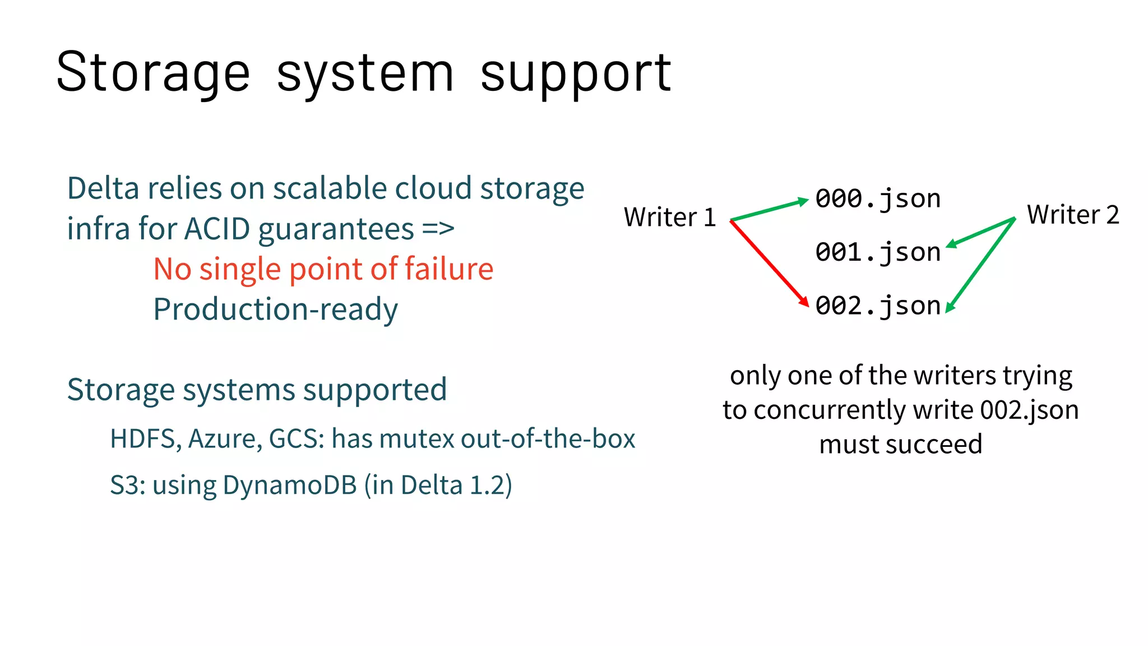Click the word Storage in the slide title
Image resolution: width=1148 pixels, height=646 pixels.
pos(152,73)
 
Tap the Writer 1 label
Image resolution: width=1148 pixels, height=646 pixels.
pos(670,217)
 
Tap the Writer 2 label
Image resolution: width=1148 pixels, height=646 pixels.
pos(1072,215)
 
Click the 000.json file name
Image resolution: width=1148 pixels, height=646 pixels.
pos(878,199)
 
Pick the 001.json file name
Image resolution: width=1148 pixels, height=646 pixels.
pos(878,252)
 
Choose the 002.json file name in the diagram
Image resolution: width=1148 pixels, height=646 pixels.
pos(878,306)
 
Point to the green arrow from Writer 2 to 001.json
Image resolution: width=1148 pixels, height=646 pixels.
pos(981,232)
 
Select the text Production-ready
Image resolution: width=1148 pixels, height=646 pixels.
pos(275,310)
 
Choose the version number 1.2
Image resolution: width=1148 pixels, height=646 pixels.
pos(487,485)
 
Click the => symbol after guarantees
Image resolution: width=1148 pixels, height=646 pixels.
pos(438,229)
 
